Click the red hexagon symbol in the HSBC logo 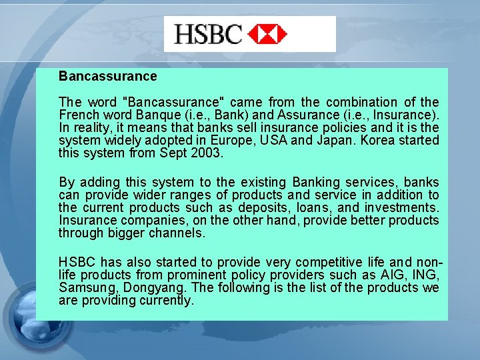(x=267, y=33)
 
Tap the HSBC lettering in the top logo (x=208, y=33)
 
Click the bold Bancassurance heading (x=107, y=77)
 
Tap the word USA (x=293, y=141)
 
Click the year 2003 (x=207, y=153)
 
